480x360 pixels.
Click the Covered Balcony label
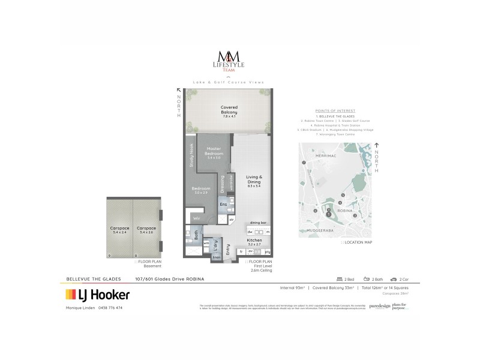pyautogui.click(x=229, y=110)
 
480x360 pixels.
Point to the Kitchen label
pyautogui.click(x=255, y=241)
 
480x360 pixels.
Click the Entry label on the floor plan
pyautogui.click(x=227, y=248)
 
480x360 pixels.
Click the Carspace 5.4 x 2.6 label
pyautogui.click(x=146, y=230)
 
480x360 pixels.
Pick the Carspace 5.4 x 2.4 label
pyautogui.click(x=119, y=230)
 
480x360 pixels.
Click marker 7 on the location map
pyautogui.click(x=304, y=163)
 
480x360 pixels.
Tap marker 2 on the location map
pyautogui.click(x=355, y=216)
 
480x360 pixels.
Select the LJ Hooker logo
pyautogui.click(x=97, y=294)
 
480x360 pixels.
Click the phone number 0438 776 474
pyautogui.click(x=110, y=308)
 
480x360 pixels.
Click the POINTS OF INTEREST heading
pyautogui.click(x=335, y=111)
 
